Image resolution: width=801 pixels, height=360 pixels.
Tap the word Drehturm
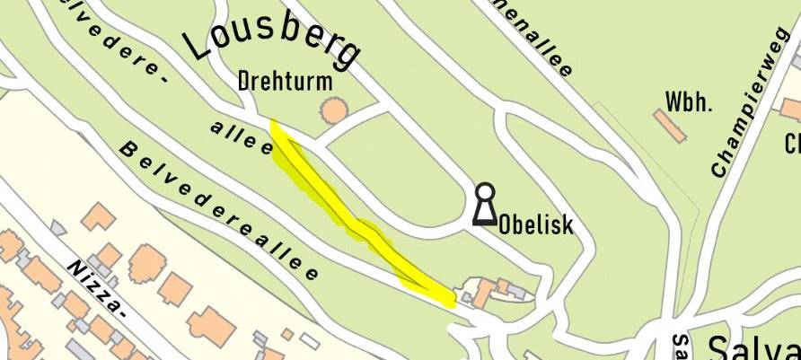tap(286, 82)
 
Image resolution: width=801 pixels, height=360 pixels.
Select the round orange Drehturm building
tap(334, 111)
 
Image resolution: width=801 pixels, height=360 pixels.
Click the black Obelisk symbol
tap(484, 205)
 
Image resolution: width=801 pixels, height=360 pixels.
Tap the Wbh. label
tap(689, 101)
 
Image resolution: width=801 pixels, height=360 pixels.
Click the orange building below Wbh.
tap(671, 126)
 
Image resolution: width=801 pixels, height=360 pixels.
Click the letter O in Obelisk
tap(506, 223)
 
